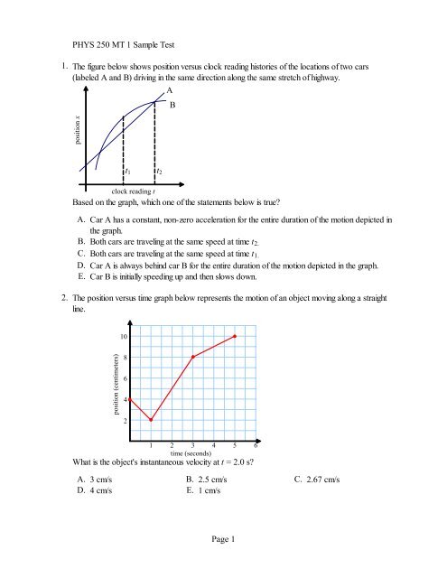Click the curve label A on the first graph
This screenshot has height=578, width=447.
(168, 92)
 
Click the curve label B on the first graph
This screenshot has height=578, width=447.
(173, 106)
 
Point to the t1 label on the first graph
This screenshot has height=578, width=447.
(127, 171)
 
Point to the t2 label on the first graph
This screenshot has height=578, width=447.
(159, 171)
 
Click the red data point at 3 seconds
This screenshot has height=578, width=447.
(193, 382)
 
